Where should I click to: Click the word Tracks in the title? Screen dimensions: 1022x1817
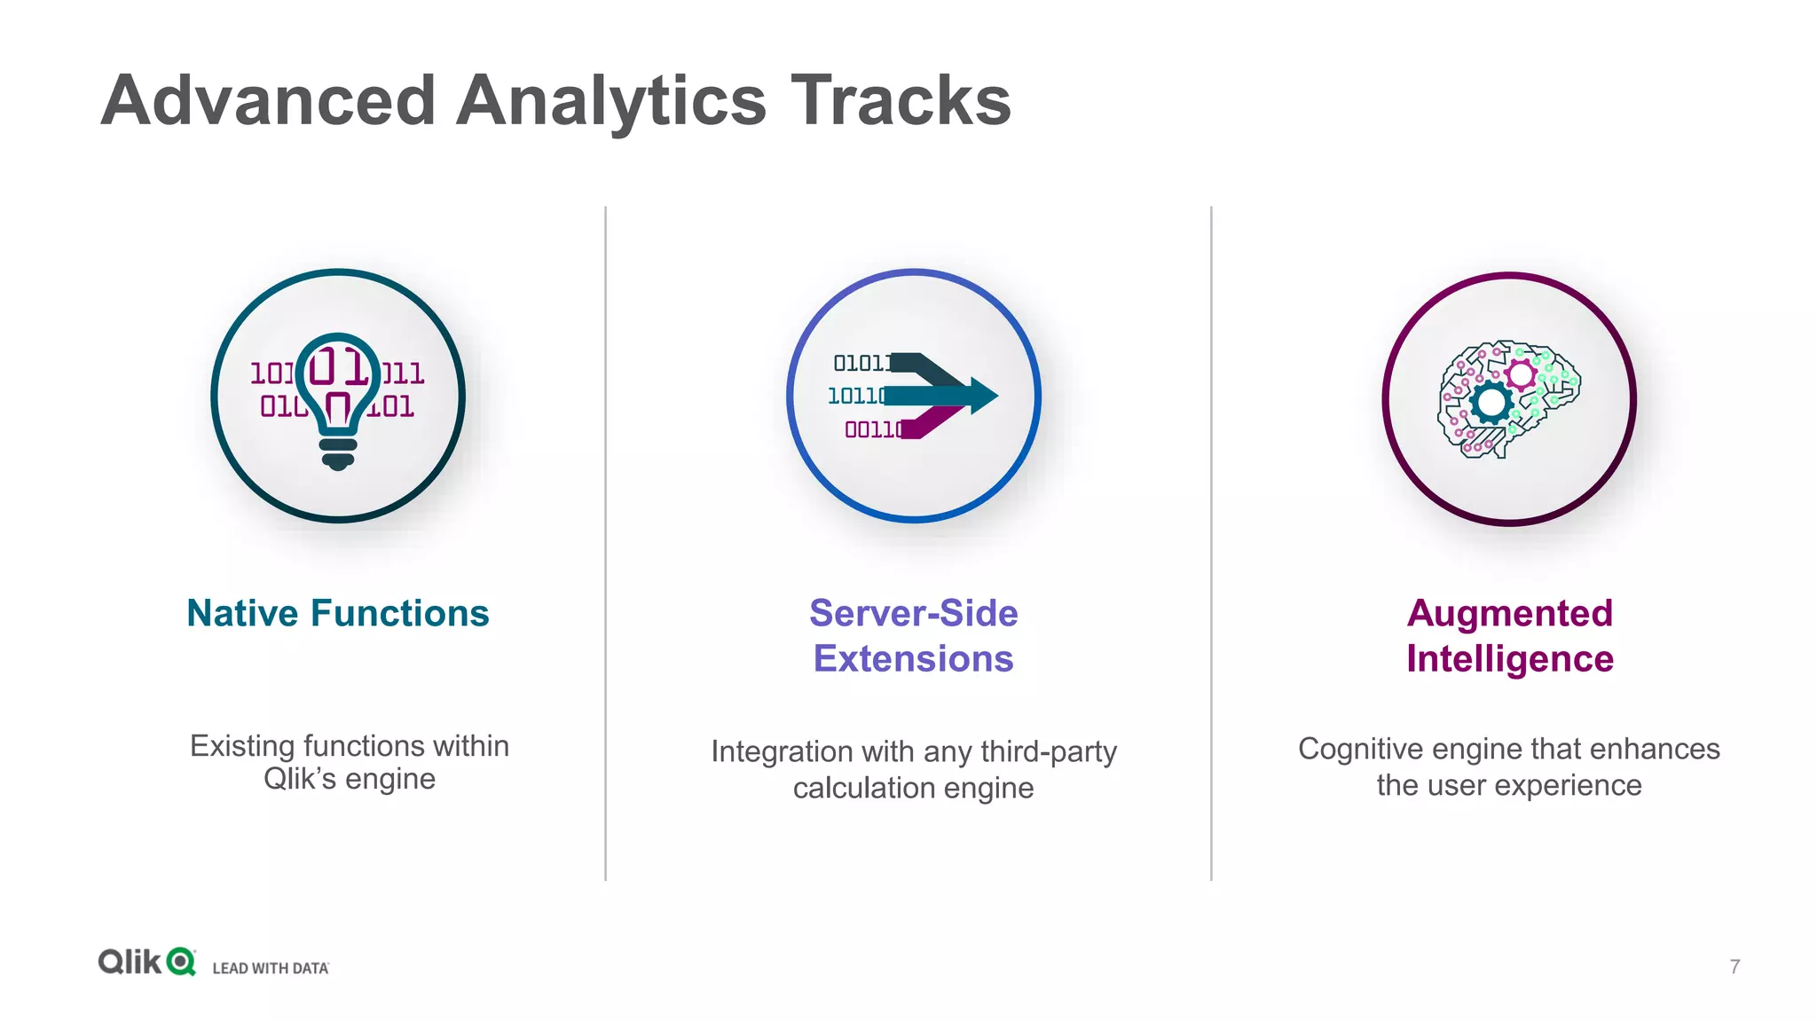(901, 101)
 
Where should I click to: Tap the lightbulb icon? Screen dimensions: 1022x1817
(338, 399)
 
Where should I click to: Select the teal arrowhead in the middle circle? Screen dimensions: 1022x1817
(983, 396)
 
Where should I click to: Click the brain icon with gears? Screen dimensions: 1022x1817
(1508, 399)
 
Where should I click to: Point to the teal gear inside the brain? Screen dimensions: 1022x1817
(1491, 404)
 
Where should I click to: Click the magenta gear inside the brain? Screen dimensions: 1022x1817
(1522, 374)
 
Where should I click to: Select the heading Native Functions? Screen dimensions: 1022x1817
(338, 614)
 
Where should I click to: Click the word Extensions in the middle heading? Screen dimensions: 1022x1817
(913, 659)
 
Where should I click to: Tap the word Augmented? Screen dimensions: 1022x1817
(1509, 614)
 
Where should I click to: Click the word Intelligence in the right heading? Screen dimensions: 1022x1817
(1509, 659)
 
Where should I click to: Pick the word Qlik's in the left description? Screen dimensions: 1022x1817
(300, 779)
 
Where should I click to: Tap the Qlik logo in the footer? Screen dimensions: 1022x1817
(146, 962)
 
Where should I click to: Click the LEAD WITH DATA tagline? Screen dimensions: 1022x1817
(271, 968)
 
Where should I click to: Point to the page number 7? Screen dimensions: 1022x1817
(1734, 966)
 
